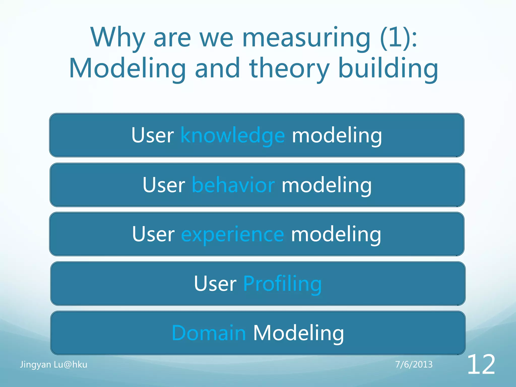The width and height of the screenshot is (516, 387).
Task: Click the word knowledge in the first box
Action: tap(233, 136)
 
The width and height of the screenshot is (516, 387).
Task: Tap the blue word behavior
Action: tap(233, 185)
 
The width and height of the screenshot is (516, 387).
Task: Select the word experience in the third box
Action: tap(233, 234)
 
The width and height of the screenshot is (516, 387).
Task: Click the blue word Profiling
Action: tap(282, 284)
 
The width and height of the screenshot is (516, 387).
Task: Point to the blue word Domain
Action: tap(209, 333)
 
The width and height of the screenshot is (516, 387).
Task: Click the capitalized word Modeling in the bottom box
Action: tap(298, 333)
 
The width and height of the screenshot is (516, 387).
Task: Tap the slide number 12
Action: tap(481, 365)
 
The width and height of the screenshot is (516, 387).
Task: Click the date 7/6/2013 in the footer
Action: tap(414, 365)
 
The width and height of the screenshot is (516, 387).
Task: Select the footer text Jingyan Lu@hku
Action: tap(54, 365)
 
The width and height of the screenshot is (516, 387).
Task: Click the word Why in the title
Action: tap(117, 38)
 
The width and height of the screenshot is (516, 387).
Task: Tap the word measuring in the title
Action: tap(306, 38)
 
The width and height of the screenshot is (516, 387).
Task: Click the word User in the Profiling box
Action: tap(215, 284)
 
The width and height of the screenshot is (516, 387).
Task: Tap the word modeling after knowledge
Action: tap(337, 136)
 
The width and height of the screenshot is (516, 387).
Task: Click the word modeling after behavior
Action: tap(327, 185)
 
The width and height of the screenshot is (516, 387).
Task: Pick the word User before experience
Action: tap(153, 234)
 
